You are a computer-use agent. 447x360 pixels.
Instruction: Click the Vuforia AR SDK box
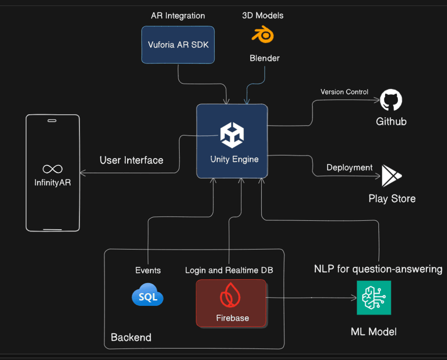click(178, 45)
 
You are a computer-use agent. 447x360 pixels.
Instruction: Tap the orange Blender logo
click(262, 35)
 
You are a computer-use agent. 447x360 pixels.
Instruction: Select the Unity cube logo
click(232, 135)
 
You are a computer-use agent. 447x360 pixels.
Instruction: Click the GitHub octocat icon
click(391, 100)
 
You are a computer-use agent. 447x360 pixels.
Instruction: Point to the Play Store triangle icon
click(391, 176)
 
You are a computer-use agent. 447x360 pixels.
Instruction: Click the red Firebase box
click(231, 303)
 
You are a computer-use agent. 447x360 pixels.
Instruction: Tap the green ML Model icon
click(374, 297)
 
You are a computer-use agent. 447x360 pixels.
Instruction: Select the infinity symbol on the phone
click(52, 169)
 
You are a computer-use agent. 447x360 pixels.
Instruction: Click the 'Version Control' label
click(344, 92)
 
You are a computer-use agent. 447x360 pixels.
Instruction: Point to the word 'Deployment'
click(350, 168)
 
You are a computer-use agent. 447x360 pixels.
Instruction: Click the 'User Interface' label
click(131, 160)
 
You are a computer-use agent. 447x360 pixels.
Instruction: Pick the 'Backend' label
click(131, 337)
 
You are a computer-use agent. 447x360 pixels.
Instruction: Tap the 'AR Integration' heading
click(178, 16)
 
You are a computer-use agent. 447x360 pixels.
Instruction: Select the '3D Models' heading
click(262, 16)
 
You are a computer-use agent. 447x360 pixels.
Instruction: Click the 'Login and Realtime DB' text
click(229, 270)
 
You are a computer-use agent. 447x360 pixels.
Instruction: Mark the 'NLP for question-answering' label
click(378, 269)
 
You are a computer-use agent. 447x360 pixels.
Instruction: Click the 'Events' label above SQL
click(148, 270)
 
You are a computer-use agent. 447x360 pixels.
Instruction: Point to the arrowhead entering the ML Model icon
click(355, 298)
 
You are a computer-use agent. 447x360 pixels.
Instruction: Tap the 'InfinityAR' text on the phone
click(52, 183)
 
